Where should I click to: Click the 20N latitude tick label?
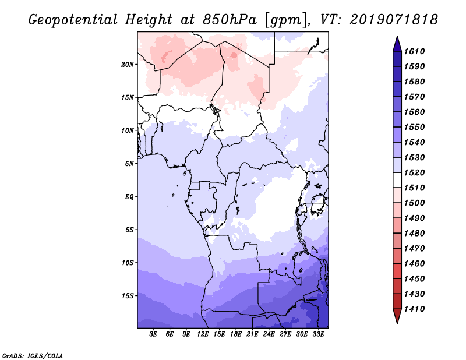pos(128,65)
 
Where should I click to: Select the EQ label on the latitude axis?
pos(129,197)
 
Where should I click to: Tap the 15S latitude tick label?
pos(128,296)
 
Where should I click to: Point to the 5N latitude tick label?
pos(129,164)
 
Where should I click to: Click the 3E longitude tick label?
pos(153,334)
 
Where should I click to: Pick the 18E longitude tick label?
pos(236,334)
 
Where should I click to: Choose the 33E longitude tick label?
pos(318,334)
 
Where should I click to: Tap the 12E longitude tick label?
pos(203,334)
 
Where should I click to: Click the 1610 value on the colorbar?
pos(415,51)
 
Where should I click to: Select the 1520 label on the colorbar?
pos(415,172)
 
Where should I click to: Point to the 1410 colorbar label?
pos(415,309)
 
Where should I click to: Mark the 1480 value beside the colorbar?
pos(415,234)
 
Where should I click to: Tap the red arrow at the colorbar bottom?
pos(397,315)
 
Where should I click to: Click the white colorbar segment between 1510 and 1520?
pos(397,180)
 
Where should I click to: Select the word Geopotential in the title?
pos(73,20)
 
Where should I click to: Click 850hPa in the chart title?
pos(230,20)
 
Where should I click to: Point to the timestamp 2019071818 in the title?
pos(394,20)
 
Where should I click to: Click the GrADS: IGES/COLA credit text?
pos(33,356)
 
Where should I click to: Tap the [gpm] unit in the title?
pos(286,20)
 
